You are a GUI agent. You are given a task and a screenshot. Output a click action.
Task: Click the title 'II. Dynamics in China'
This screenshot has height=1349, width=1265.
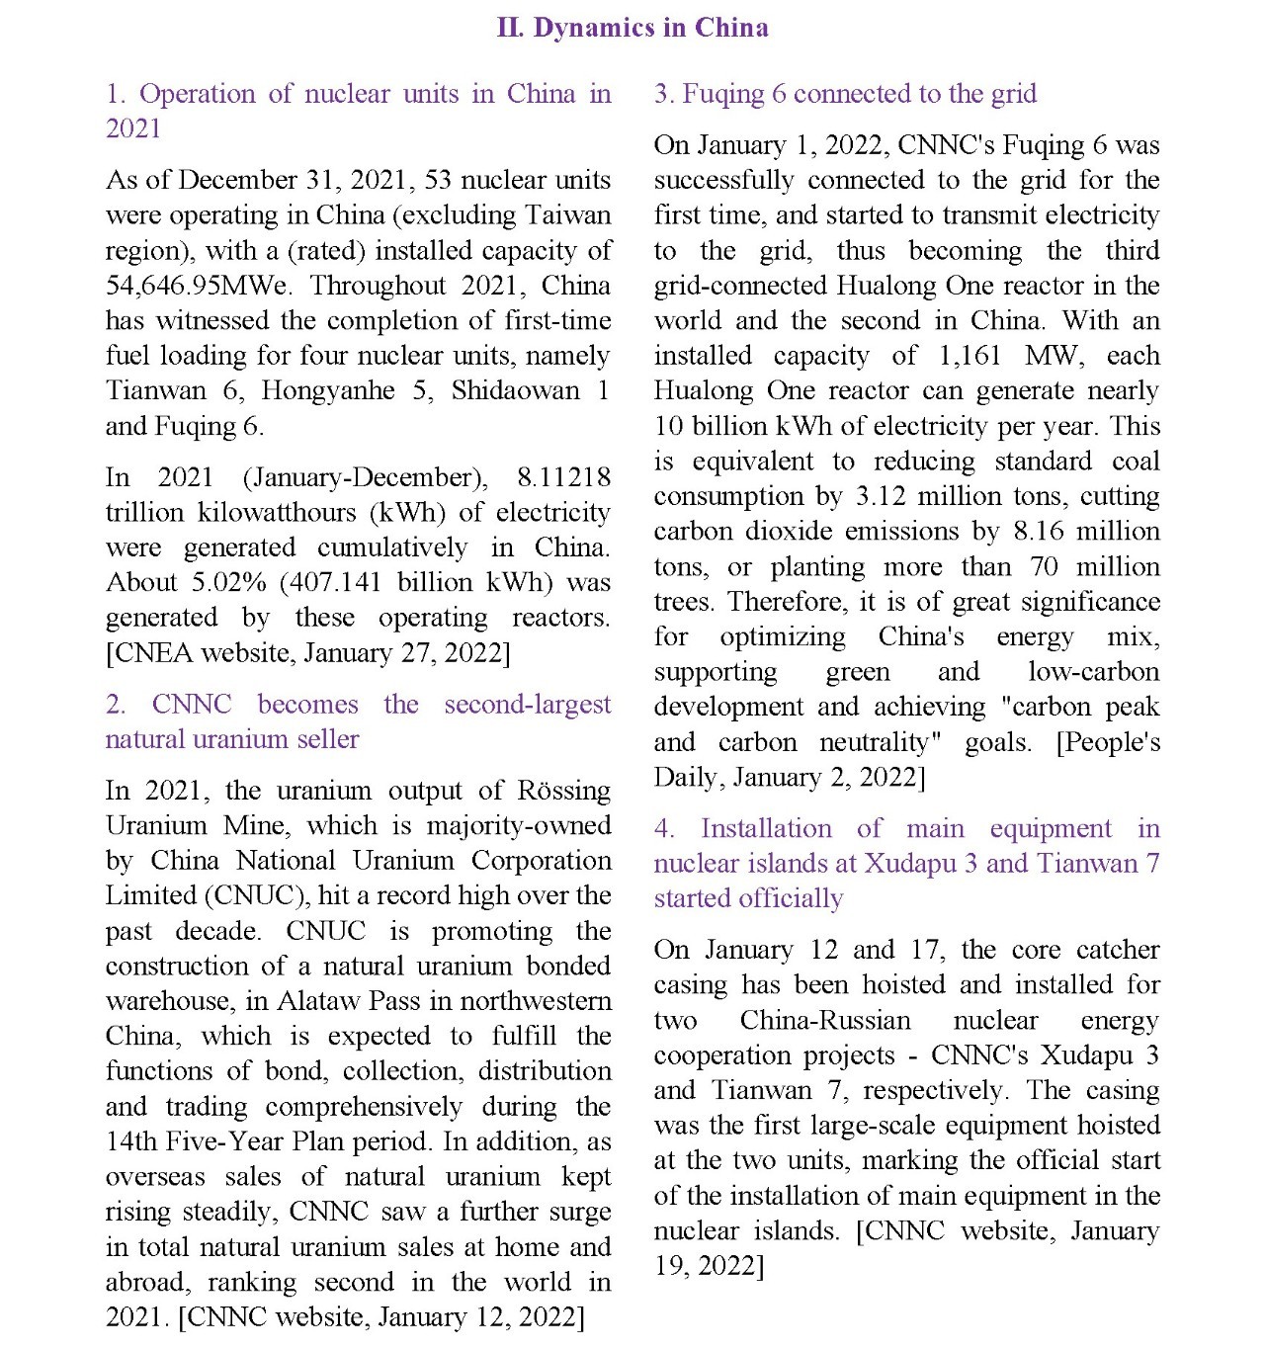tap(632, 28)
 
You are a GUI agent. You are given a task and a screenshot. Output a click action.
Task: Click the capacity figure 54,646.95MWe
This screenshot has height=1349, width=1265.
tap(198, 286)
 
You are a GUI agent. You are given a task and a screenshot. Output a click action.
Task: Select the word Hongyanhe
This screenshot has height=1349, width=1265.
tap(328, 391)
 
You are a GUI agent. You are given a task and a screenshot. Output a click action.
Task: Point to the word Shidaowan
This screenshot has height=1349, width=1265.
tap(515, 391)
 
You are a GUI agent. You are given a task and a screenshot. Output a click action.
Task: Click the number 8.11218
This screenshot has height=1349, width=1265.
tap(563, 478)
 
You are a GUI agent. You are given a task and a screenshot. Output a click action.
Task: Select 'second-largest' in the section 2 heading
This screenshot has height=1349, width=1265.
tap(528, 705)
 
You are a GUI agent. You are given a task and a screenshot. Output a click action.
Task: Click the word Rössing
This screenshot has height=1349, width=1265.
tap(564, 792)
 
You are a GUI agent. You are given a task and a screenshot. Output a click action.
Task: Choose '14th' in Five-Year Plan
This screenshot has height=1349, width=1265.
tap(131, 1142)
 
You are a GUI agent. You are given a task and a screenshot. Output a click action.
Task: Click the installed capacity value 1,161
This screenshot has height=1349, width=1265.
tap(970, 356)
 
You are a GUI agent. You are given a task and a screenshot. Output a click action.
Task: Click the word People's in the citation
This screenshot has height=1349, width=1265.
tap(1112, 742)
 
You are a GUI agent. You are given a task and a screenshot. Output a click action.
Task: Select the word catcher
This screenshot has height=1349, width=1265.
tap(1118, 951)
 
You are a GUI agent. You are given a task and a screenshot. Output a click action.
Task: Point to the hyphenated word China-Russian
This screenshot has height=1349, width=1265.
tap(825, 1021)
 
